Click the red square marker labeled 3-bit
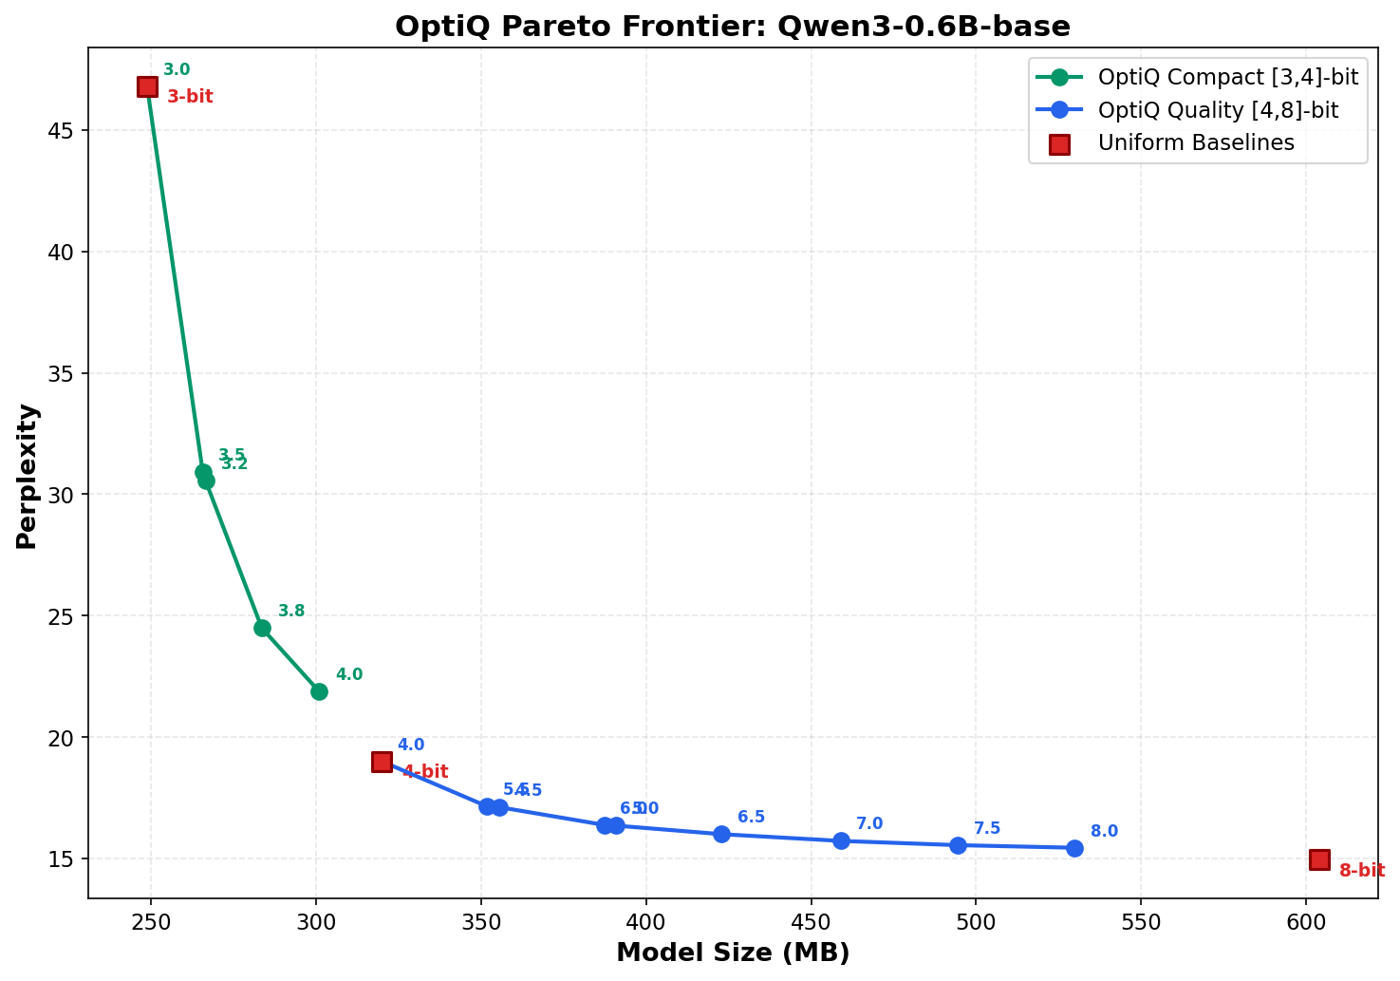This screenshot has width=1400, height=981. pos(147,86)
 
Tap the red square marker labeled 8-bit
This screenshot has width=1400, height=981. pos(1319,859)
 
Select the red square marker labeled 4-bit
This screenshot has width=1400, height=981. pos(382,762)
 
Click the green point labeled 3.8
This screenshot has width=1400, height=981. pos(262,628)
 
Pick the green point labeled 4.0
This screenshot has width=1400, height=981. pos(319,691)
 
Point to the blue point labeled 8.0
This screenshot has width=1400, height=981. pos(1074,848)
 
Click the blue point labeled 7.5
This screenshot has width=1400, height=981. pos(958,845)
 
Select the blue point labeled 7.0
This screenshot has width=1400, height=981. pos(841,840)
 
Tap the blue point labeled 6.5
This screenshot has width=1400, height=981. pos(721,834)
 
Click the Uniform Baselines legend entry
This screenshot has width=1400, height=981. pos(1196,143)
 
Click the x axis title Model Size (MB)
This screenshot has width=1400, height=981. pos(733,953)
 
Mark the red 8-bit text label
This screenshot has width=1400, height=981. pos(1362,871)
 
